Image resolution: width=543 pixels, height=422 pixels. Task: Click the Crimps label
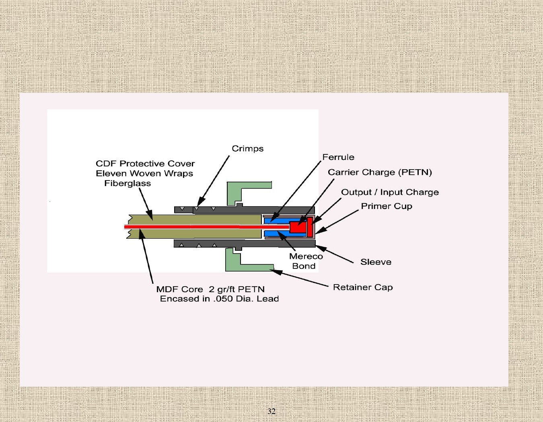(x=247, y=149)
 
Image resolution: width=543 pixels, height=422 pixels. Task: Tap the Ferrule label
(x=338, y=157)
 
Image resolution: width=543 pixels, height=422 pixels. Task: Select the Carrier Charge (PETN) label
(x=380, y=172)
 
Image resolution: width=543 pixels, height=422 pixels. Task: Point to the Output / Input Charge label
(x=390, y=192)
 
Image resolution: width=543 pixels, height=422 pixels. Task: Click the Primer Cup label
(x=387, y=206)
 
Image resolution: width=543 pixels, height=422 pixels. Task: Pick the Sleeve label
(x=376, y=262)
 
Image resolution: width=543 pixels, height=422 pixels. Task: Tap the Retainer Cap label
(x=363, y=287)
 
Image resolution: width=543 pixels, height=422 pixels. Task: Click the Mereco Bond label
(x=305, y=261)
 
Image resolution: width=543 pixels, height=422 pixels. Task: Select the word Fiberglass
(x=128, y=184)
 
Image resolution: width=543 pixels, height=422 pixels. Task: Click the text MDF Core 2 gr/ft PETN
(x=210, y=289)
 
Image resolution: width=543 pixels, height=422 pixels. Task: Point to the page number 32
(x=271, y=411)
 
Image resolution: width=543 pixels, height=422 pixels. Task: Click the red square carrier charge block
(x=298, y=227)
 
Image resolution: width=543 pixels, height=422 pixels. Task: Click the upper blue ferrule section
(x=278, y=221)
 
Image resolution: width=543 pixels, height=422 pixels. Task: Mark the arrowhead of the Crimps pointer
(x=200, y=202)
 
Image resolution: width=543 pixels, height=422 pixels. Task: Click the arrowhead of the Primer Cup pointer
(x=319, y=231)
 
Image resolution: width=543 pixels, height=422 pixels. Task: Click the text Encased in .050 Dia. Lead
(x=219, y=299)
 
